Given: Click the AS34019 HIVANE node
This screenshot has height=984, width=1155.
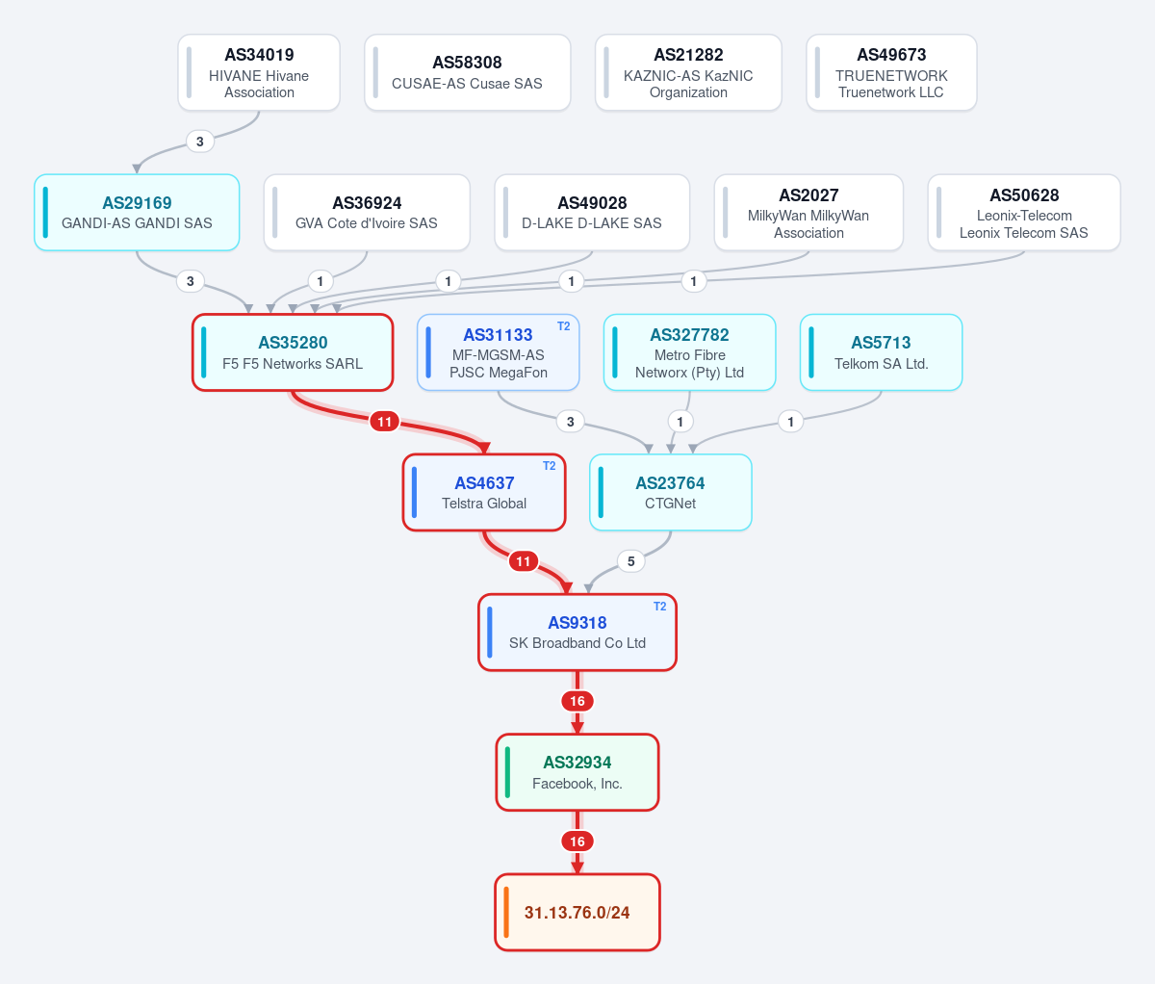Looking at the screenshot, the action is point(259,72).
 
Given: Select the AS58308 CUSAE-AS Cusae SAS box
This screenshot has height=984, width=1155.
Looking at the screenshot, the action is point(467,72).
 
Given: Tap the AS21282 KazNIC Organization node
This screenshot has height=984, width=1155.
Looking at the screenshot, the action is point(688,72).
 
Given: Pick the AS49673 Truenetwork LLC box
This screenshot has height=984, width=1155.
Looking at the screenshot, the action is point(891,72).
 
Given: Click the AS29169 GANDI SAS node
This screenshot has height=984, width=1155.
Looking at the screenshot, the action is point(137,213).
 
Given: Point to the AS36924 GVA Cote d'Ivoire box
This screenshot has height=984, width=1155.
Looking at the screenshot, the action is point(367,213).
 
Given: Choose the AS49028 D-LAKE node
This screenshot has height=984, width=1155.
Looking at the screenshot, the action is point(592,213).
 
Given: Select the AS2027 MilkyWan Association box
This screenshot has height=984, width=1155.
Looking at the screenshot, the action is point(808,213).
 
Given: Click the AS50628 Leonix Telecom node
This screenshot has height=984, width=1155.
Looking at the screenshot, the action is point(1024,213).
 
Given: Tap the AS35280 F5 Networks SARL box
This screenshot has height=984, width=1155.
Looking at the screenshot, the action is point(293,352).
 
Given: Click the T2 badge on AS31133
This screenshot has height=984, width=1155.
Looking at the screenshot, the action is point(563,326).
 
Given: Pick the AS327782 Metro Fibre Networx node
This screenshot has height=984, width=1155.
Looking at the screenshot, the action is point(689,352).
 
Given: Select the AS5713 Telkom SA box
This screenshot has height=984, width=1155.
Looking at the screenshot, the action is point(882,352).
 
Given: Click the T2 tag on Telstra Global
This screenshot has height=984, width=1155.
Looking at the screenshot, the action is point(550,466).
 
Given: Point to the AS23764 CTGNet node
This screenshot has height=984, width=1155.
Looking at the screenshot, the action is point(671,492).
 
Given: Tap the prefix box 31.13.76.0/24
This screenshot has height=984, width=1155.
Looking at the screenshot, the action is point(577,912).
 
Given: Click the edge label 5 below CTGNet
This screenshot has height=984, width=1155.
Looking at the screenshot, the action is point(630,561).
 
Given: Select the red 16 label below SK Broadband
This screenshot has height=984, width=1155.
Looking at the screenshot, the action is point(577,701).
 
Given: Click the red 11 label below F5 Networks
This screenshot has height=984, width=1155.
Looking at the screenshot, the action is point(384,422).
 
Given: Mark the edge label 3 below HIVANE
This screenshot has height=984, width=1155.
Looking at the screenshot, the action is point(199,142).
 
